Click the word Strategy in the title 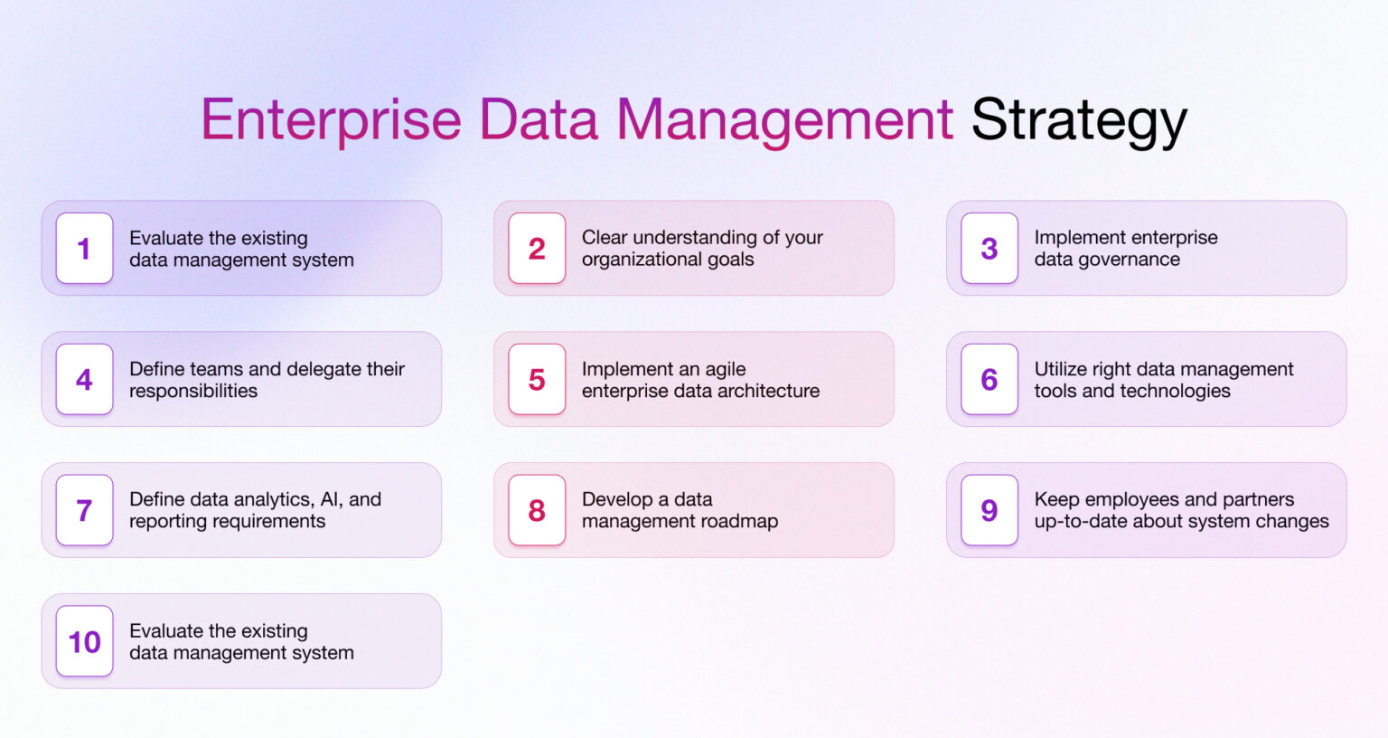pyautogui.click(x=1078, y=120)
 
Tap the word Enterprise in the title pyautogui.click(x=331, y=120)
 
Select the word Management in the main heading pyautogui.click(x=784, y=120)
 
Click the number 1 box pyautogui.click(x=84, y=249)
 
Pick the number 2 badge pyautogui.click(x=537, y=249)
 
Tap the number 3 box pyautogui.click(x=989, y=249)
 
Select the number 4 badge pyautogui.click(x=84, y=380)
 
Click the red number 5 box pyautogui.click(x=537, y=380)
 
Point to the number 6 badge pyautogui.click(x=989, y=380)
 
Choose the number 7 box pyautogui.click(x=84, y=511)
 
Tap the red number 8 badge pyautogui.click(x=537, y=511)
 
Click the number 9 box pyautogui.click(x=989, y=511)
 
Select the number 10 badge pyautogui.click(x=84, y=642)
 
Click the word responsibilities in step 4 pyautogui.click(x=193, y=391)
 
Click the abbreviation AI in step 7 pyautogui.click(x=330, y=499)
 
